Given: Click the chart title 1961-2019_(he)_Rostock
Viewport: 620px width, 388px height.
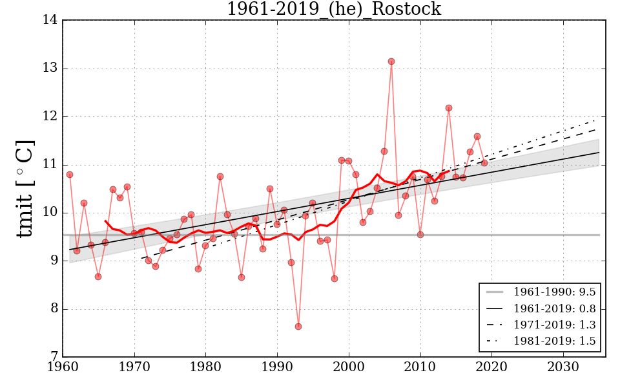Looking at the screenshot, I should pos(333,10).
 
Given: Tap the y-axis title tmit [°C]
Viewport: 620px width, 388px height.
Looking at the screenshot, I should pos(25,188).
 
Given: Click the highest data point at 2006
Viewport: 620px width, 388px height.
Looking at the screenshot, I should pos(391,61).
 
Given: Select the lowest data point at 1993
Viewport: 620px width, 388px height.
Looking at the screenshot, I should pos(298,327).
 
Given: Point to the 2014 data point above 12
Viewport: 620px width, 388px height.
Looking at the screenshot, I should pos(449,108).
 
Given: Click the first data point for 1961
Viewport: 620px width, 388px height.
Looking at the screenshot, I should pos(70,175).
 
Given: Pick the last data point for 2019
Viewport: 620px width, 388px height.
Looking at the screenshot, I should pos(484,163).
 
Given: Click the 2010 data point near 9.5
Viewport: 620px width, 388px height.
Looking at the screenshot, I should pos(420,235).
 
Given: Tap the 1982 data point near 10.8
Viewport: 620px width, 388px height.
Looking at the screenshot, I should pos(220,177).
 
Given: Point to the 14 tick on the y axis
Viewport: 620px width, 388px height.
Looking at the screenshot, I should pos(51,21).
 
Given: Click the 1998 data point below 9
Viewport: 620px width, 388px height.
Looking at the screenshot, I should pos(335,279).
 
